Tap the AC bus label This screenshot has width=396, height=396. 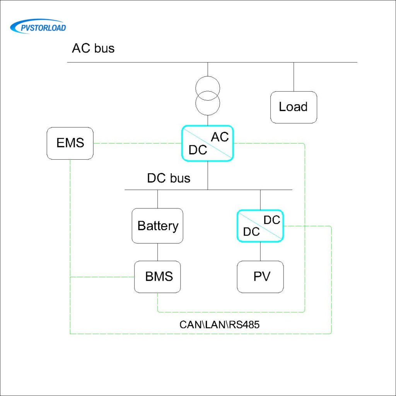pos(93,49)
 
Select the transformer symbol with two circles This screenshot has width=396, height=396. pos(208,95)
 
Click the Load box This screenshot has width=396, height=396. pos(294,107)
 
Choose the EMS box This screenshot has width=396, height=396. pos(70,143)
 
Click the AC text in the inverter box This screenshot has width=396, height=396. pos(220,137)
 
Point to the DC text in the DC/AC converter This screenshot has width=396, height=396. pos(198,150)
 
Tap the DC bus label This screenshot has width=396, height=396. pos(169,178)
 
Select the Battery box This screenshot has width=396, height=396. pos(157,226)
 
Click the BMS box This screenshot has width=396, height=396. pos(157,277)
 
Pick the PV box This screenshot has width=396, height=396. pos(260,277)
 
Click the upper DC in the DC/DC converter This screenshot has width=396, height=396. pos(271,220)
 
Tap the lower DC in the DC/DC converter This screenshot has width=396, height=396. pos(251,232)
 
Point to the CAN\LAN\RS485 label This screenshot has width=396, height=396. pos(219,324)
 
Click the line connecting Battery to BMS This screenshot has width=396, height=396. pos(157,252)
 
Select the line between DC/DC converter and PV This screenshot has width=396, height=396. pos(260,251)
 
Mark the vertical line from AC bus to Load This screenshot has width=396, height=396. pos(294,77)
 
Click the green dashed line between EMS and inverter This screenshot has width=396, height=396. pos(137,143)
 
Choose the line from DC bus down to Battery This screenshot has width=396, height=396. pos(157,199)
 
